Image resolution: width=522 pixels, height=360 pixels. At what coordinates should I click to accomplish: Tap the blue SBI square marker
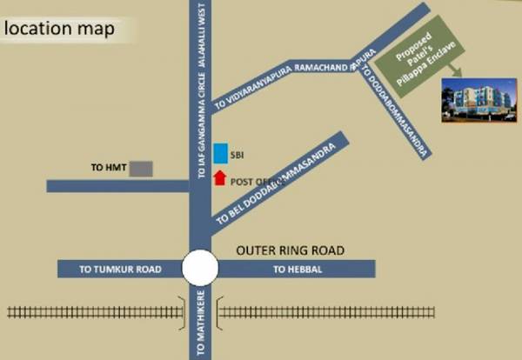pos(222,153)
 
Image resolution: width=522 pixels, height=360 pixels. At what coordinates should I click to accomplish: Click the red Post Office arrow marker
pos(221,178)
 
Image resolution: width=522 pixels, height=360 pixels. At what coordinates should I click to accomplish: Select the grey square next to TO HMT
pos(141,168)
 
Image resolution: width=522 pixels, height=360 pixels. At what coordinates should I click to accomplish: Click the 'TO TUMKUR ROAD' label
pos(121,270)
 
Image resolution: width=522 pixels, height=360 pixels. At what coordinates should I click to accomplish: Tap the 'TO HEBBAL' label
pos(298,270)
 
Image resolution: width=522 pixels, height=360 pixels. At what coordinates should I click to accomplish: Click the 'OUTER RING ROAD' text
pos(291,250)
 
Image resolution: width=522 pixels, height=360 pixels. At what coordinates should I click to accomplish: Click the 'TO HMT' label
pos(109,167)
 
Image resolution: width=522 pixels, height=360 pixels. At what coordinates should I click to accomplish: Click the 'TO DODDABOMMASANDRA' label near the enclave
pos(397,109)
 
